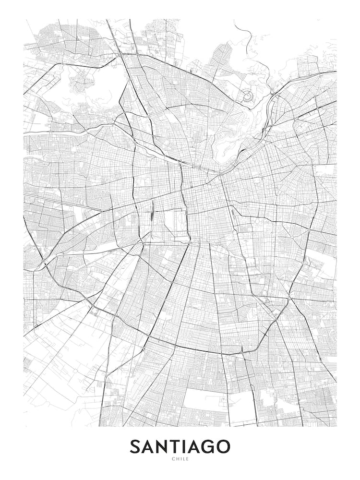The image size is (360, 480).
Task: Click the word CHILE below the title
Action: click(180, 459)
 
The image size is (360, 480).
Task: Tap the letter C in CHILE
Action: click(172, 459)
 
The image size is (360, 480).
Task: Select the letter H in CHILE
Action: click(176, 459)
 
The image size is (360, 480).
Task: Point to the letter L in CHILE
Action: click(184, 459)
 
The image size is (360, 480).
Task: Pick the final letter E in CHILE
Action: click(188, 459)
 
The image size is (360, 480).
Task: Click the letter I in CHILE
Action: click(180, 459)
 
